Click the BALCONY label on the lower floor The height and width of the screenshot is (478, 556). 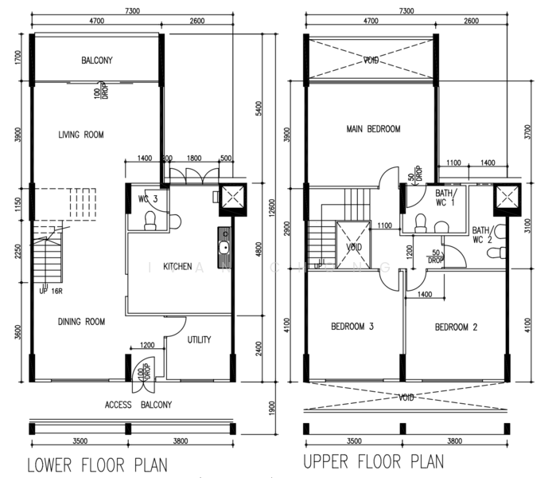97,61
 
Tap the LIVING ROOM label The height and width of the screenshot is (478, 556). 80,135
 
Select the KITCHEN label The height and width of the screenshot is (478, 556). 177,266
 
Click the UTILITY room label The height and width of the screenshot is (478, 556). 199,340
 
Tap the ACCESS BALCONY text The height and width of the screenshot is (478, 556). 138,405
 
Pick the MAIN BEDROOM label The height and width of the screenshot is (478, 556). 373,129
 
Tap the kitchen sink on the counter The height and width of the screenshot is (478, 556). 226,245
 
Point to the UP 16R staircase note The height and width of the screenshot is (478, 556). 51,291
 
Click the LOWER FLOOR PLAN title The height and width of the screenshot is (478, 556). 98,463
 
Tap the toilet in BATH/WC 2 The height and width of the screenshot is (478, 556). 496,253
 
